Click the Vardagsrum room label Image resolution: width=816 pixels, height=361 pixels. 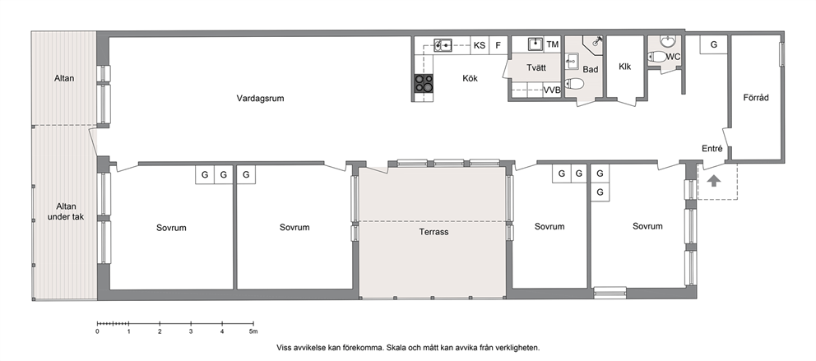[260, 98]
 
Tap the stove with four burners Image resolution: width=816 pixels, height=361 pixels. [423, 83]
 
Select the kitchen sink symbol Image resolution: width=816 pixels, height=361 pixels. [443, 45]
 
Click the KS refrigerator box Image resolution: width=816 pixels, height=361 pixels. [480, 45]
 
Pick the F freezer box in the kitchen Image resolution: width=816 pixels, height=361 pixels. [498, 45]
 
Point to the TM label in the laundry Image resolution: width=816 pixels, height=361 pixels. [553, 44]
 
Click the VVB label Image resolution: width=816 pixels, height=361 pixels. [552, 90]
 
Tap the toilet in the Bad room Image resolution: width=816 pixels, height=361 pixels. [574, 83]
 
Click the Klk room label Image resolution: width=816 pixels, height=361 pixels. [625, 67]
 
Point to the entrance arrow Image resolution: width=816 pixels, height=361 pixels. [714, 181]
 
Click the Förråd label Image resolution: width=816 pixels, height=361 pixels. [756, 97]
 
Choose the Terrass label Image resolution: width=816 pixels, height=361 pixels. [433, 232]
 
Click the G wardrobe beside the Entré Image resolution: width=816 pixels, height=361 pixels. [713, 44]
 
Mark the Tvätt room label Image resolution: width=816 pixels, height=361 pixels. [536, 68]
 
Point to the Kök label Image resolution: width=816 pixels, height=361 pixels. [470, 79]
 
